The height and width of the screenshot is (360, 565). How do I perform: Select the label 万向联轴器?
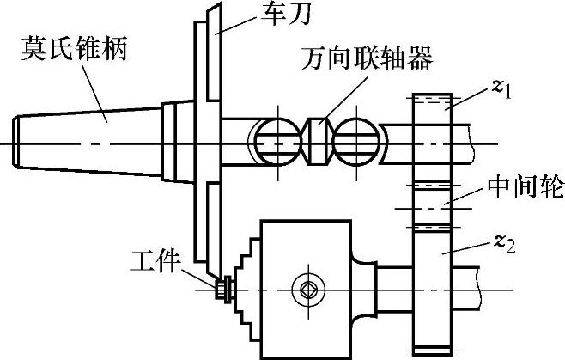(367, 60)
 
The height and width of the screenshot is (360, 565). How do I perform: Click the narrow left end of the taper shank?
(21, 138)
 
